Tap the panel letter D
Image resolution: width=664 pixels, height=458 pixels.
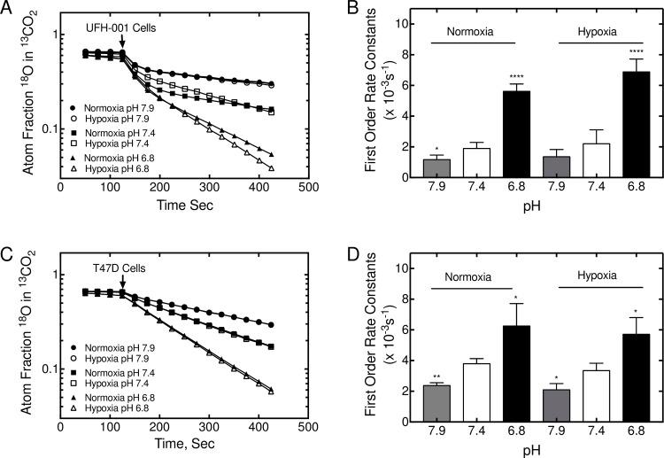[x=345, y=251]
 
